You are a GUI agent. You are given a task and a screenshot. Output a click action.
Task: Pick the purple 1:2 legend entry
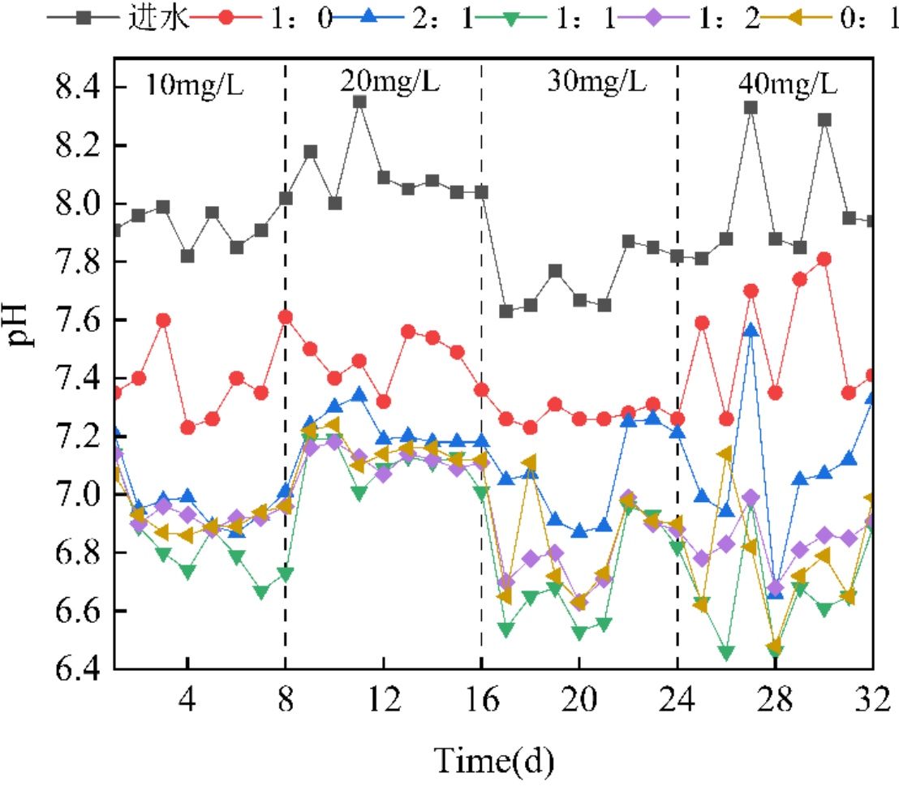(x=731, y=18)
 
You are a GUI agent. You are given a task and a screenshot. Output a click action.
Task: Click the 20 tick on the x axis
(x=579, y=697)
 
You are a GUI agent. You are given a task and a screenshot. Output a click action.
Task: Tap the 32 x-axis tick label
(x=871, y=697)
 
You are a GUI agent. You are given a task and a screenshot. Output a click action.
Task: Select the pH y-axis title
(x=22, y=324)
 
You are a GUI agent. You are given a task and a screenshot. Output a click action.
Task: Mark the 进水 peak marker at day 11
(x=359, y=102)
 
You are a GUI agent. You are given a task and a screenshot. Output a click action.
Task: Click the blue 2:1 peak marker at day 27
(x=751, y=330)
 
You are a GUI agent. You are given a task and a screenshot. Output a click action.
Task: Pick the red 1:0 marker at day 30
(x=824, y=259)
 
